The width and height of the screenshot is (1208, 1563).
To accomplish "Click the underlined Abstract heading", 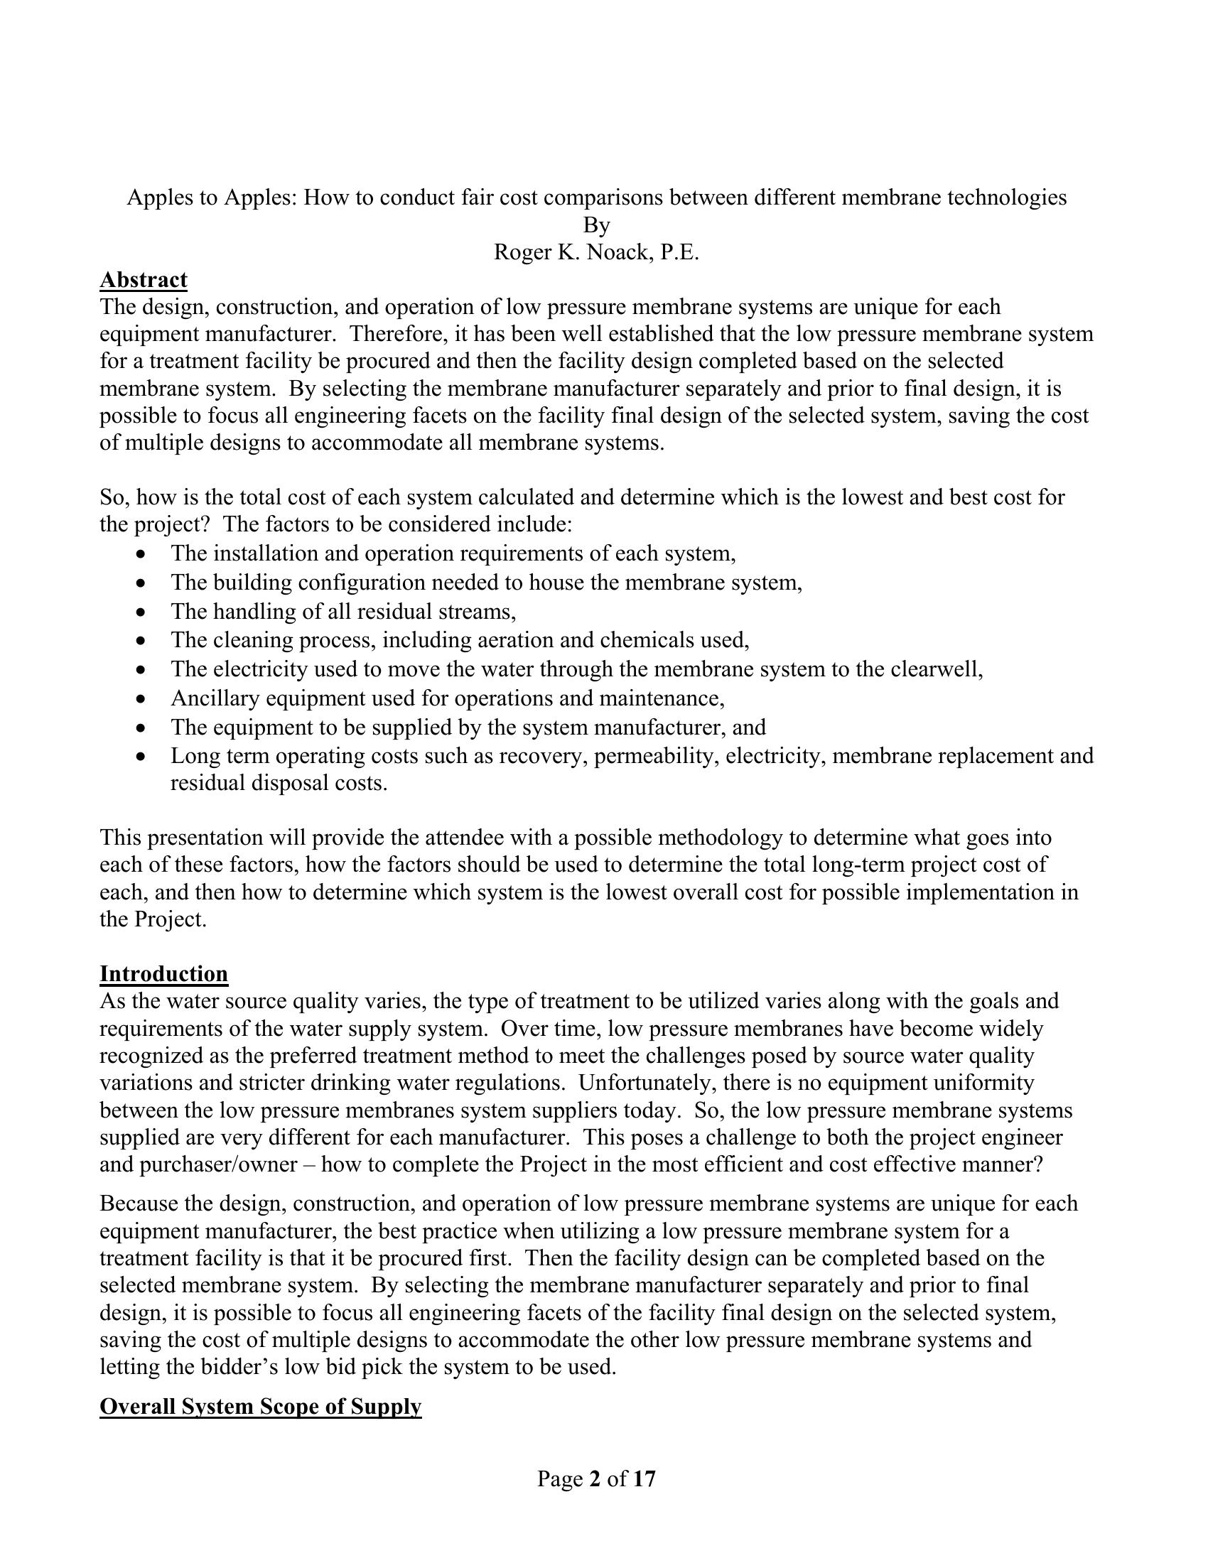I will tap(143, 279).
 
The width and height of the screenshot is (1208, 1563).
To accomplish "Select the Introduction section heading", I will tap(163, 973).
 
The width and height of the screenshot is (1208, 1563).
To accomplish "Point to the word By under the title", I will tap(596, 225).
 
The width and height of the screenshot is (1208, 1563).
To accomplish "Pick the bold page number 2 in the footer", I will tap(595, 1478).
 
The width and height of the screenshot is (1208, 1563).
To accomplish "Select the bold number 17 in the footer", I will tap(644, 1478).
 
